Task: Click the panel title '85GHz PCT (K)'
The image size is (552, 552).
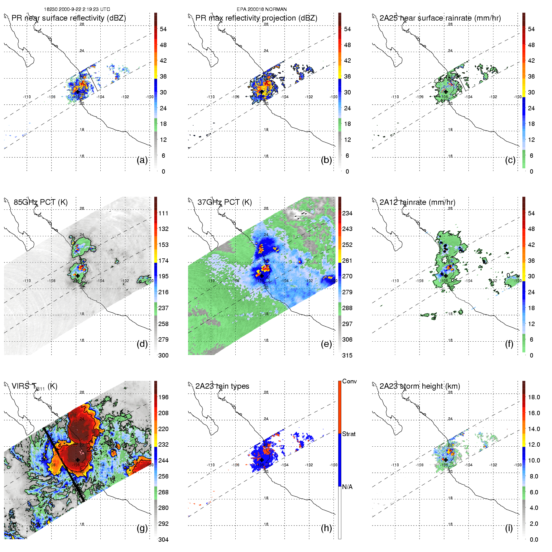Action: tap(41, 202)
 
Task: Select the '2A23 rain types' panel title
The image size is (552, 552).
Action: tap(222, 386)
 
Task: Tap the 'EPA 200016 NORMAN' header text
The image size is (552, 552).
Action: tap(262, 9)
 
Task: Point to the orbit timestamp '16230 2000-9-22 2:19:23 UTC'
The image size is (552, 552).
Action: tap(77, 9)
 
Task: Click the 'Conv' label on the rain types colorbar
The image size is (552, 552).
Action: tap(349, 382)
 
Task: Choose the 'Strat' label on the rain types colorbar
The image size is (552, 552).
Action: tap(349, 434)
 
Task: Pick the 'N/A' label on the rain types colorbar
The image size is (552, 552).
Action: tap(347, 487)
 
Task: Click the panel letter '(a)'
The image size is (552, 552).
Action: tap(142, 160)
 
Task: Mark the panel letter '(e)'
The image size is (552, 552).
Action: tap(326, 344)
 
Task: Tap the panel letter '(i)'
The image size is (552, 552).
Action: tap(509, 528)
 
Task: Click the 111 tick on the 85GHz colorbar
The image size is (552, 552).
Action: tap(163, 213)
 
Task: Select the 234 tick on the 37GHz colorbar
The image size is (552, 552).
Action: tap(347, 213)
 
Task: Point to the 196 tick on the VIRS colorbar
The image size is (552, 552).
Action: tap(163, 397)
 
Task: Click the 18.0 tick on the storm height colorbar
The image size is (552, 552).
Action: tap(534, 397)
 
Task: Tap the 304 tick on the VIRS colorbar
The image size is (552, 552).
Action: tap(163, 540)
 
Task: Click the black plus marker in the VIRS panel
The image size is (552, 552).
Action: tap(78, 460)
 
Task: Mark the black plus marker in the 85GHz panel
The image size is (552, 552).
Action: tap(78, 276)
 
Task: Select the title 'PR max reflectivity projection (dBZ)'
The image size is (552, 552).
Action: tap(256, 18)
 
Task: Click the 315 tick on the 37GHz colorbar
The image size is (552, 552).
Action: tap(347, 355)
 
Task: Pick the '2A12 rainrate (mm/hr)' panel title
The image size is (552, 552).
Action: tap(417, 202)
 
